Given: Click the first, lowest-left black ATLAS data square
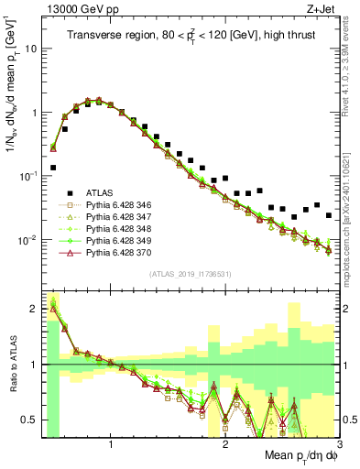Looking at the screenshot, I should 53,168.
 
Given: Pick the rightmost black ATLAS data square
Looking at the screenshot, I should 329,215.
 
